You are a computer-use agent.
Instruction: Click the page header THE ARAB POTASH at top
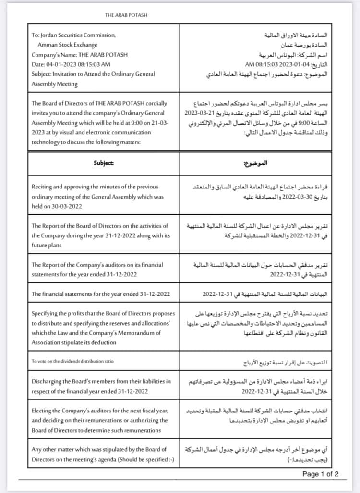(x=126, y=15)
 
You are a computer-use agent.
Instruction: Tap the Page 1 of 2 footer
(x=320, y=474)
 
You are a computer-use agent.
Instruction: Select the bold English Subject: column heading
(x=104, y=163)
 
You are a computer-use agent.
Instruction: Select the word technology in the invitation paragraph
(x=47, y=142)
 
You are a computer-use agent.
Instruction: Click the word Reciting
(x=43, y=187)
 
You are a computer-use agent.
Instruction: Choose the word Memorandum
(x=132, y=333)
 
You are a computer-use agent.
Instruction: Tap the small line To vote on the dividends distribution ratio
(x=72, y=362)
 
